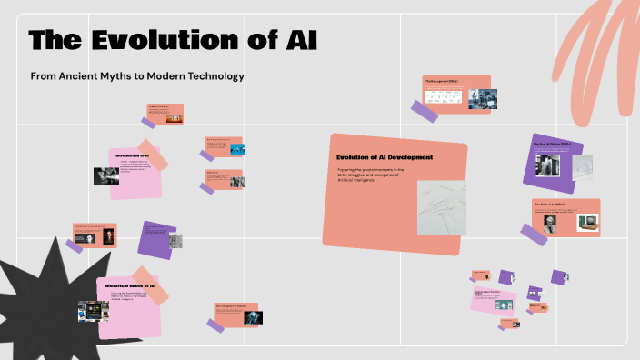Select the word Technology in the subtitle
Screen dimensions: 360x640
214,76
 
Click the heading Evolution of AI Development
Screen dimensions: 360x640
385,157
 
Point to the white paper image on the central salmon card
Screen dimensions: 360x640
441,208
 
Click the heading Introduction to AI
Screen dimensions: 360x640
138,155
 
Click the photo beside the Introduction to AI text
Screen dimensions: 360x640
105,175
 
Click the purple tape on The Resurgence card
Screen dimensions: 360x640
424,111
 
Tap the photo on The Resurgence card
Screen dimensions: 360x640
482,98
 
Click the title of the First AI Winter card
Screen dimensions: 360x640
552,144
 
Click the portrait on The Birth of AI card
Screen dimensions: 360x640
552,225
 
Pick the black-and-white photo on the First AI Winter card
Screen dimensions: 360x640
547,164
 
